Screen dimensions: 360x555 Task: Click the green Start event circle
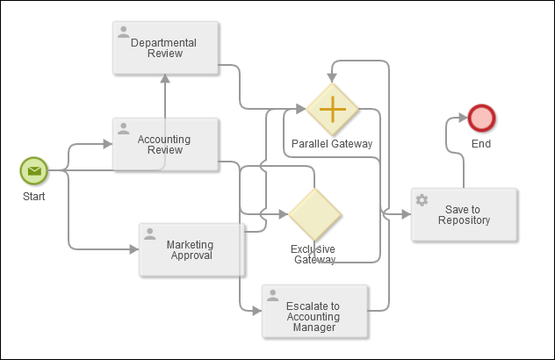[x=33, y=170]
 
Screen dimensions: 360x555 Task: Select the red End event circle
[x=481, y=118]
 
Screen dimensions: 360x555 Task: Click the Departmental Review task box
[x=164, y=47]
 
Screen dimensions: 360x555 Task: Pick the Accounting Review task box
[x=164, y=144]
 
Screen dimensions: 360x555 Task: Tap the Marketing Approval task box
[x=191, y=249]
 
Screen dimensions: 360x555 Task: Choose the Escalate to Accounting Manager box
[x=314, y=311]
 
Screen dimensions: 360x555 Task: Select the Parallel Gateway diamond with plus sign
[x=332, y=110]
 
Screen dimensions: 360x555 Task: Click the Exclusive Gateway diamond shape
[x=314, y=214]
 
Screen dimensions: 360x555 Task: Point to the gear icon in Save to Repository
[x=422, y=200]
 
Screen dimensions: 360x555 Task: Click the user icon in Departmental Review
[x=123, y=32]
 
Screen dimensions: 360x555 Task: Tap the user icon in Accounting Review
[x=123, y=129]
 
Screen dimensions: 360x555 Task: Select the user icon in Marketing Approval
[x=149, y=234]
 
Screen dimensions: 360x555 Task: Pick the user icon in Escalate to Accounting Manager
[x=272, y=296]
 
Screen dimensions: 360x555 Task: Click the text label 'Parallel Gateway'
[x=332, y=144]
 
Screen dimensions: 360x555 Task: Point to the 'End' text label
[x=481, y=144]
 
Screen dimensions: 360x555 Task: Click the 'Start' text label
[x=33, y=197]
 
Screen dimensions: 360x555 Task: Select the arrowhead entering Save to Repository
[x=405, y=214]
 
